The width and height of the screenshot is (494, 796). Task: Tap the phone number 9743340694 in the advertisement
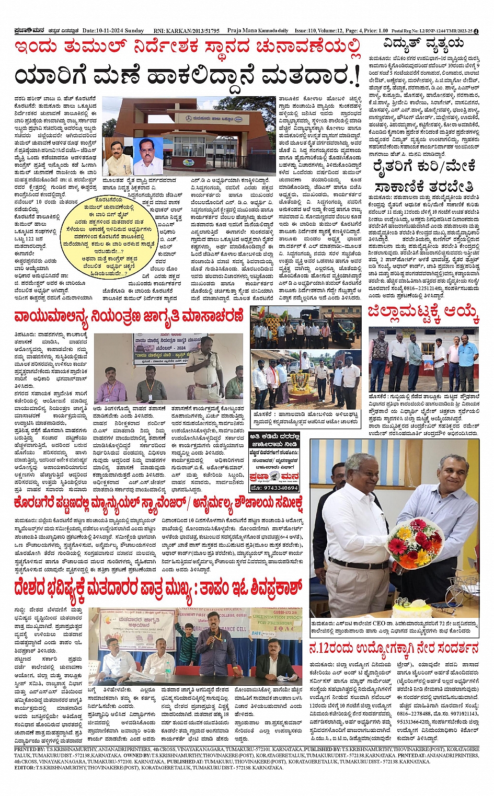[x=274, y=488]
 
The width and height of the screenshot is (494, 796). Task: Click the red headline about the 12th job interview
[x=394, y=649]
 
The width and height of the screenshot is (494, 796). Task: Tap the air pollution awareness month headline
[x=129, y=316]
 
